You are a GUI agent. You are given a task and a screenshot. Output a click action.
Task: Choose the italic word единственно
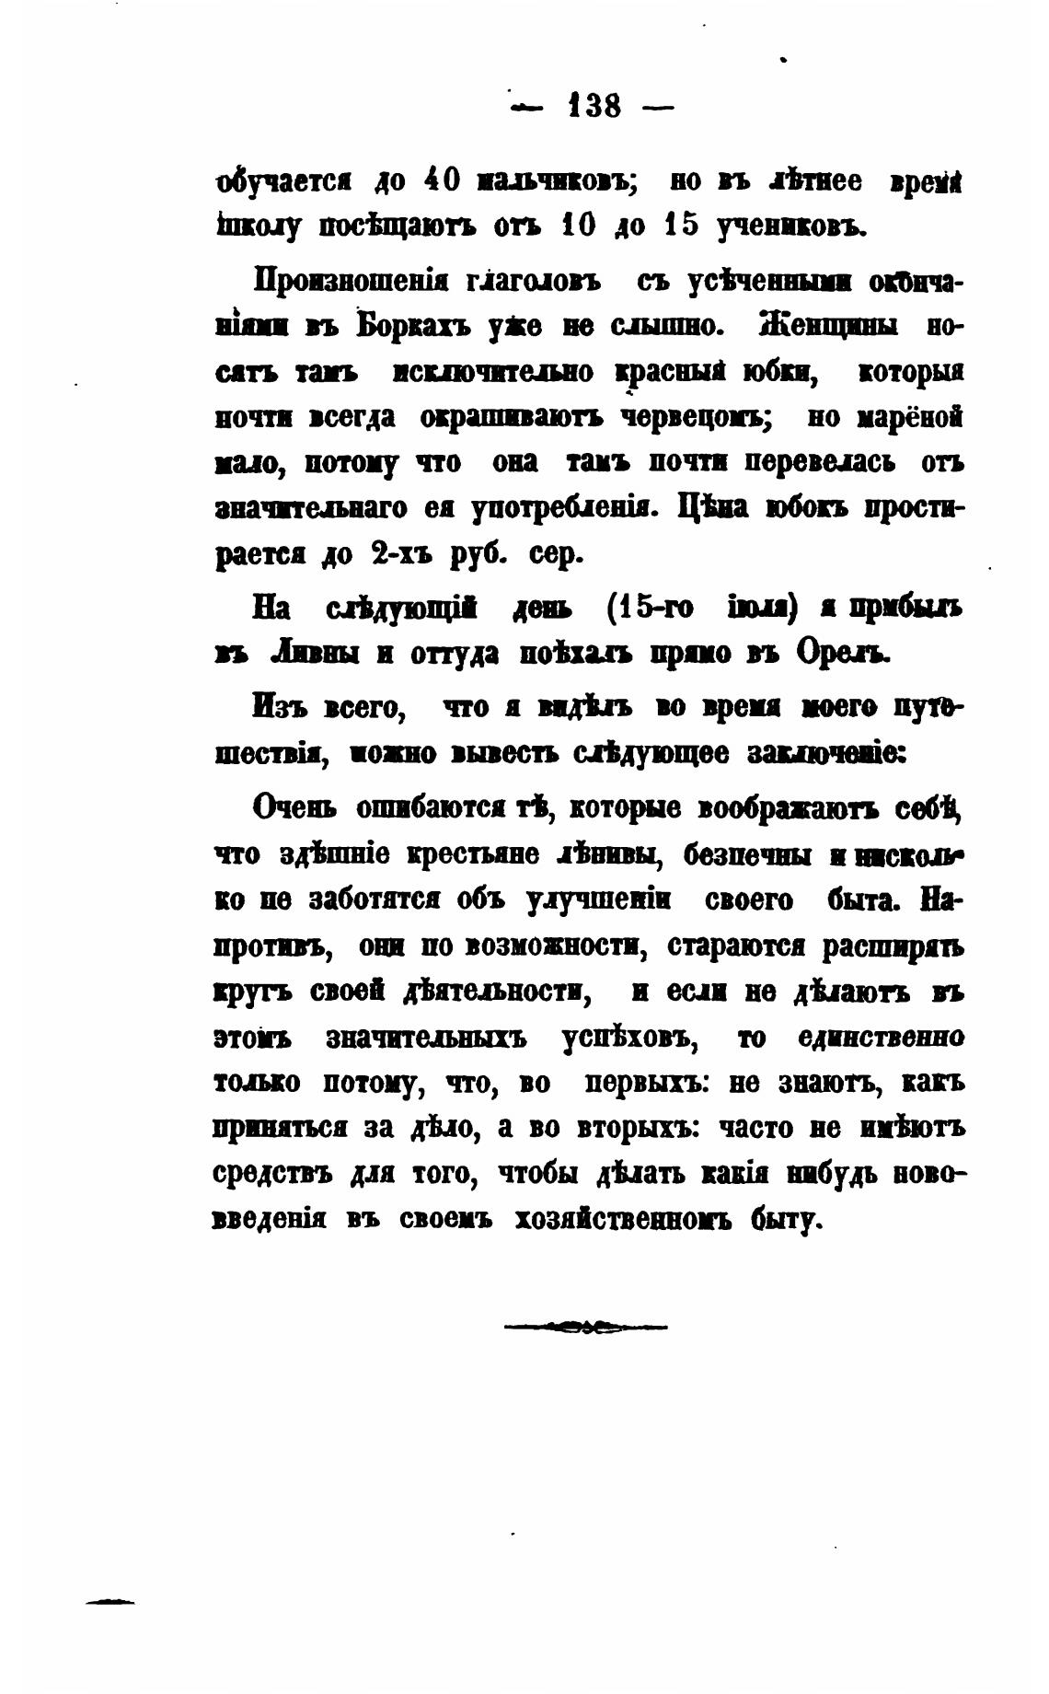(x=882, y=1038)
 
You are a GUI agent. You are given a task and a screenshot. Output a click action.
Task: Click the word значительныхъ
(x=426, y=1038)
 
